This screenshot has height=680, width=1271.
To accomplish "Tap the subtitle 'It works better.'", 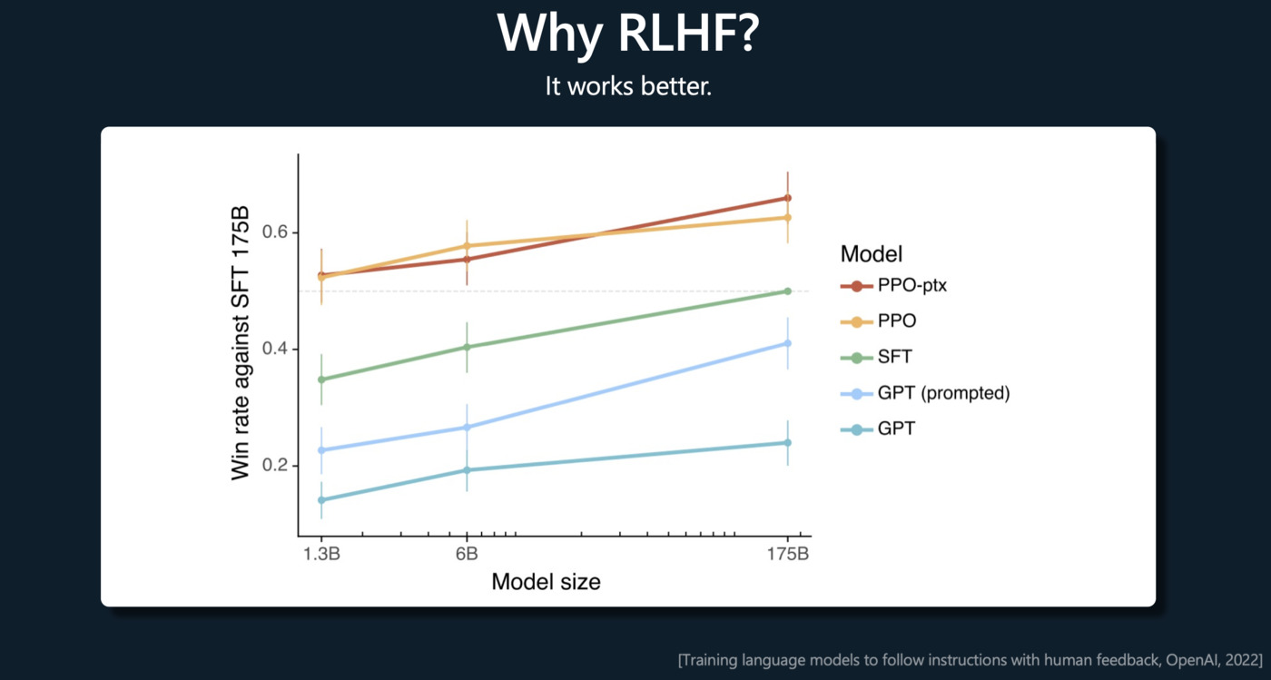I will (628, 86).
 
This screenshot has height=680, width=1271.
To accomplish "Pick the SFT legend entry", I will (894, 358).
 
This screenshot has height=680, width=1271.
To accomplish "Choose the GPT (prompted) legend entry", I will (943, 393).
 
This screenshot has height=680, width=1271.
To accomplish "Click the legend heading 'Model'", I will (871, 253).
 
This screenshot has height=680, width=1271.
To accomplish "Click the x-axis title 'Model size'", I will (546, 581).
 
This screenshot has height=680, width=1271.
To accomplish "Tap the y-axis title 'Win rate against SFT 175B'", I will (241, 342).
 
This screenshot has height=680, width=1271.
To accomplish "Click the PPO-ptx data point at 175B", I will (787, 198).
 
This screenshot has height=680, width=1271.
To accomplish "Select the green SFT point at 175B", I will (787, 291).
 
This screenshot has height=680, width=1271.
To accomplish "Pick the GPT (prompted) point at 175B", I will (787, 343).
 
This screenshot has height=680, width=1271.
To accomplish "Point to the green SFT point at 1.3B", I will (321, 379).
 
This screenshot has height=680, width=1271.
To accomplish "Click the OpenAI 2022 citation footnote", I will (970, 659).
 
